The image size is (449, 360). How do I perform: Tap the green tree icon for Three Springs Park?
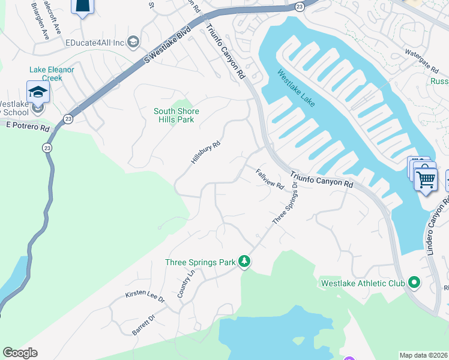tap(244, 262)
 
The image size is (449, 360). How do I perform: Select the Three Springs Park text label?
tap(200, 262)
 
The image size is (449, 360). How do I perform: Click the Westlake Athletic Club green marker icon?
tap(414, 282)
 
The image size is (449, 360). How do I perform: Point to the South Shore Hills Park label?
tap(176, 115)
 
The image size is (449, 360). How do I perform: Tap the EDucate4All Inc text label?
tap(95, 42)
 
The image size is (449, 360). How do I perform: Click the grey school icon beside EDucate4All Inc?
tap(133, 41)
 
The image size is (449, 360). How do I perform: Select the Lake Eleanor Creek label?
tap(53, 74)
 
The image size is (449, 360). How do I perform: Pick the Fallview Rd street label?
tap(269, 179)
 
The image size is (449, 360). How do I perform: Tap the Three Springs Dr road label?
tap(285, 205)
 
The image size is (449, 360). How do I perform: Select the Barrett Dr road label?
tap(143, 325)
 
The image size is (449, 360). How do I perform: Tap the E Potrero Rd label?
tap(28, 127)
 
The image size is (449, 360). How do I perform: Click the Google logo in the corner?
tap(20, 353)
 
